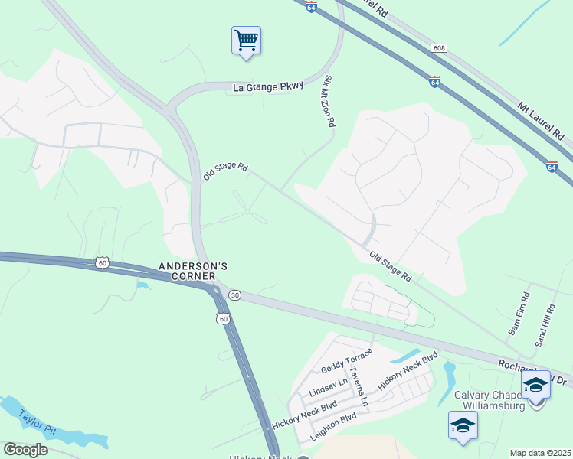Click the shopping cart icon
246,41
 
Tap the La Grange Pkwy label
268,88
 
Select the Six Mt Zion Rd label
329,101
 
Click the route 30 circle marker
234,295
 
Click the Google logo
25,450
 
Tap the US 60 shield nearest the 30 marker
222,317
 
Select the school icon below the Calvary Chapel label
463,426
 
